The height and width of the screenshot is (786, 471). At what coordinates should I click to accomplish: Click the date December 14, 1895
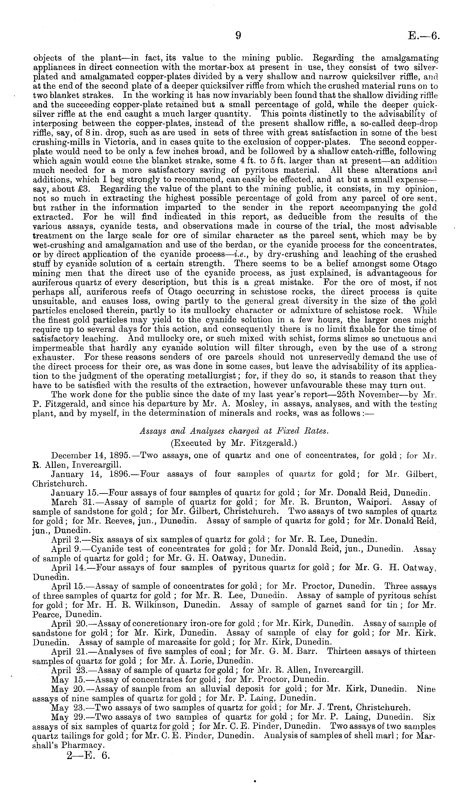pos(90,456)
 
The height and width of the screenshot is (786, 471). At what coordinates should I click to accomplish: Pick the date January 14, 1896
pos(90,474)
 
